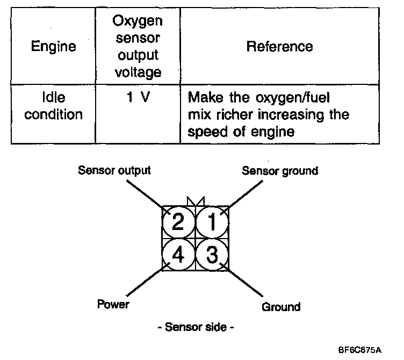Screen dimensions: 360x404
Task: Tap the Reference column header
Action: click(x=279, y=46)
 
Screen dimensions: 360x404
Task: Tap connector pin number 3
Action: click(x=213, y=254)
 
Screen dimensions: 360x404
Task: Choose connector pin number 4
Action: click(x=178, y=254)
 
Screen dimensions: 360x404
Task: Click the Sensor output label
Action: click(x=114, y=171)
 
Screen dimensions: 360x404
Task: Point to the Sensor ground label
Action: click(x=280, y=171)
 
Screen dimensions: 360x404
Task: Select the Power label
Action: click(x=113, y=305)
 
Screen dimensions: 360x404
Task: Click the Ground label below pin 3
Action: click(x=281, y=307)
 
